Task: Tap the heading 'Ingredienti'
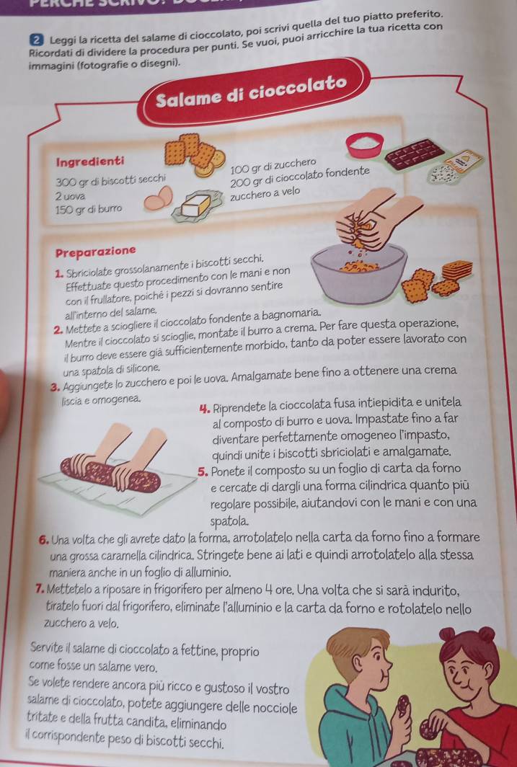(x=90, y=161)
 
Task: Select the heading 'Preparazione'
(x=95, y=252)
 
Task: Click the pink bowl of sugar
(x=364, y=145)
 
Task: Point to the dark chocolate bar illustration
(x=415, y=155)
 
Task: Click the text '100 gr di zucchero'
(x=273, y=166)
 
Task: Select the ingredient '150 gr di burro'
(x=89, y=209)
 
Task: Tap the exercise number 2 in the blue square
(x=35, y=40)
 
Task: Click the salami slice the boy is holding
(x=403, y=705)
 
